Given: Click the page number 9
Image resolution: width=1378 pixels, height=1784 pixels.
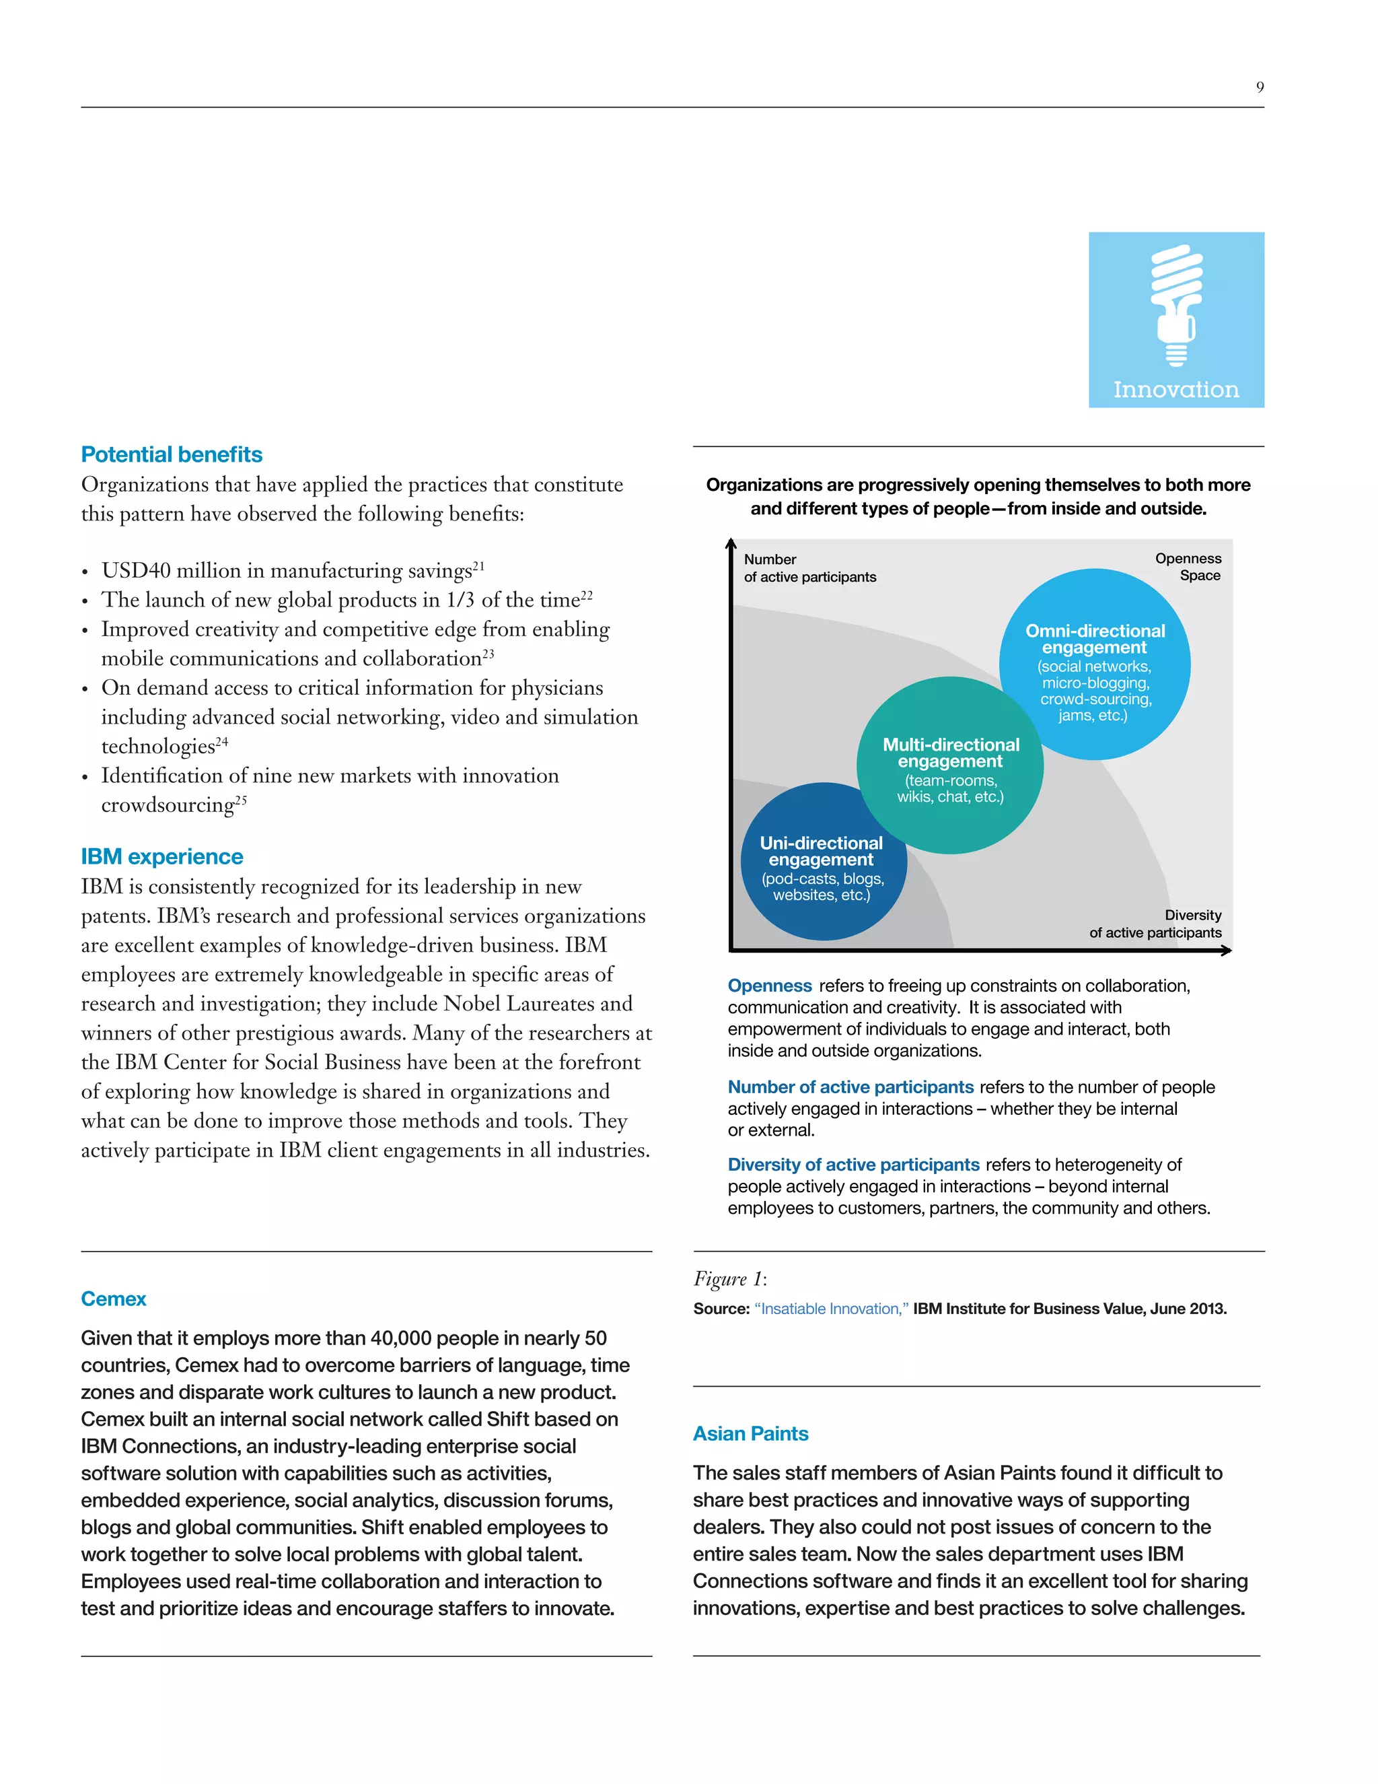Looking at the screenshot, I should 1260,88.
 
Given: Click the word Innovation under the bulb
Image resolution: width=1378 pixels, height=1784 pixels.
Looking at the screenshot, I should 1176,390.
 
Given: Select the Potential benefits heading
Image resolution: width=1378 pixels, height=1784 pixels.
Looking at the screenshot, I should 172,454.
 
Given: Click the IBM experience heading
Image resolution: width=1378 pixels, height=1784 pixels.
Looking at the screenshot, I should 161,856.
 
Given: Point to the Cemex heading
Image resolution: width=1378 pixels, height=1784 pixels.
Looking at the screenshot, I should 114,1299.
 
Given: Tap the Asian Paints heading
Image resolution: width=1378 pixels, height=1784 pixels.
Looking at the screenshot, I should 750,1433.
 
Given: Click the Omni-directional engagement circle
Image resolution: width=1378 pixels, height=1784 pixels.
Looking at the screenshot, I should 1095,664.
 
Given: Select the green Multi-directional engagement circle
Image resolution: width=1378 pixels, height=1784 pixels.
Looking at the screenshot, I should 950,765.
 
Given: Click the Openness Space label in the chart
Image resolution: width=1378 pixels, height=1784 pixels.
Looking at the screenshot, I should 1189,567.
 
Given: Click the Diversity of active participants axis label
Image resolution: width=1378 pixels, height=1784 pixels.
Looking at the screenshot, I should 1155,924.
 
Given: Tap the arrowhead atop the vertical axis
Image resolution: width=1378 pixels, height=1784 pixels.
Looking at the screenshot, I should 731,544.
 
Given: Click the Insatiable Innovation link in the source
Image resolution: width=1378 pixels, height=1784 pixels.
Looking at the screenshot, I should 831,1309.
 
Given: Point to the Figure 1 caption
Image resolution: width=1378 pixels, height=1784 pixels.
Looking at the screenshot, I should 730,1278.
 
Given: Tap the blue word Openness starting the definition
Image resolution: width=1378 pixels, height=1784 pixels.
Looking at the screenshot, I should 770,986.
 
